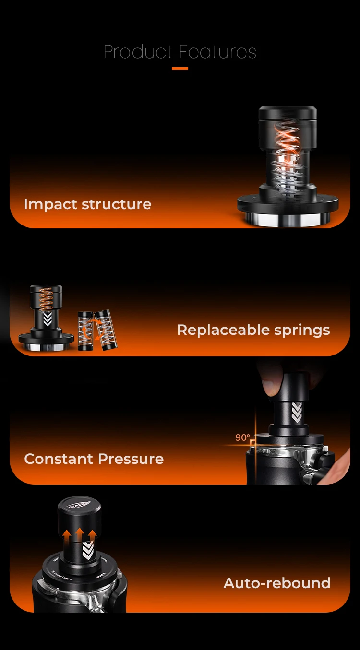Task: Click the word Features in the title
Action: click(x=217, y=52)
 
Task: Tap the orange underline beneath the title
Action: click(x=180, y=68)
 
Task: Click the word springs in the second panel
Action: click(x=305, y=331)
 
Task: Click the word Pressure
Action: click(x=131, y=459)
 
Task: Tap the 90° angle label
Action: click(x=242, y=437)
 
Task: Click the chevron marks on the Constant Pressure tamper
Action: click(x=297, y=413)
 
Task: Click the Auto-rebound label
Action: click(x=277, y=583)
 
